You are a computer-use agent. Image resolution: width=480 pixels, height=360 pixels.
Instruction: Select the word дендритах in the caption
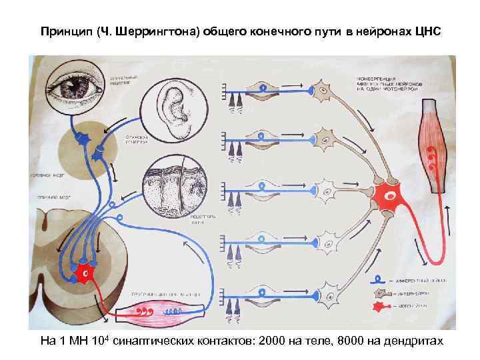click(x=413, y=341)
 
